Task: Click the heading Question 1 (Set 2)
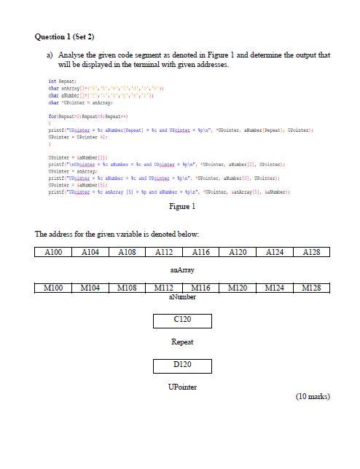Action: pyautogui.click(x=65, y=36)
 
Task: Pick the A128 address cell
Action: pyautogui.click(x=311, y=252)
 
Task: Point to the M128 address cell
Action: pyautogui.click(x=311, y=289)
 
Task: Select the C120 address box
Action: pyautogui.click(x=182, y=321)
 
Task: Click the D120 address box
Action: pyautogui.click(x=182, y=366)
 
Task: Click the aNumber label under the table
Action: pyautogui.click(x=182, y=299)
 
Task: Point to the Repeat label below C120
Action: pyautogui.click(x=182, y=342)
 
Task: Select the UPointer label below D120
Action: pyautogui.click(x=181, y=387)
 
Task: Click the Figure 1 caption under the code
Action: pyautogui.click(x=181, y=206)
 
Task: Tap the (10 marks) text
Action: pyautogui.click(x=313, y=397)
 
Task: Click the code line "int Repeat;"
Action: pyautogui.click(x=63, y=82)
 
